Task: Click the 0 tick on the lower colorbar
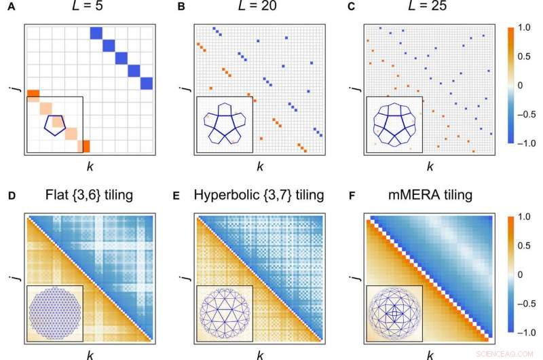click(520, 275)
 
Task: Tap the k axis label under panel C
click(429, 165)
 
